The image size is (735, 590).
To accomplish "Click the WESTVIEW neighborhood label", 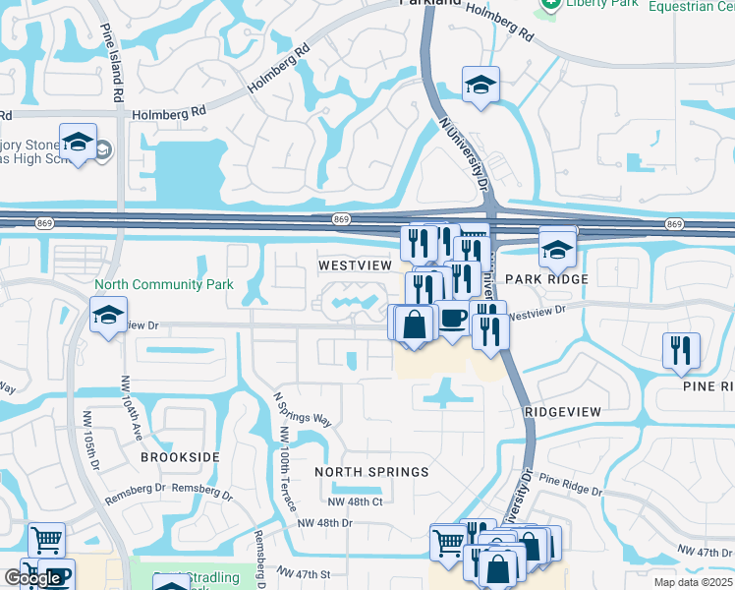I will coord(355,265).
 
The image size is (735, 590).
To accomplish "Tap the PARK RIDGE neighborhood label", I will coord(546,279).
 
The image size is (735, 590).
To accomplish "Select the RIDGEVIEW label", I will coord(562,411).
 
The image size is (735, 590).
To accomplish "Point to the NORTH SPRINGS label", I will coord(371,472).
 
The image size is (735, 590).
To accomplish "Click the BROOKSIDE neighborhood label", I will coord(180,458).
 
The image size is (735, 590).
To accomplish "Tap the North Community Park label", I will coord(164,285).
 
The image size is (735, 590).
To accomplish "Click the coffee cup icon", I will coord(452,320).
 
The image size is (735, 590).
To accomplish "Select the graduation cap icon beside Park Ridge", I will coord(557,248).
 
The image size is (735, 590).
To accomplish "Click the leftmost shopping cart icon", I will coord(47,540).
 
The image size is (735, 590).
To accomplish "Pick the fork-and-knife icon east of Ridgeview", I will coord(681,351).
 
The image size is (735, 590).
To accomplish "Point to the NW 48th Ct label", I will coord(355,501).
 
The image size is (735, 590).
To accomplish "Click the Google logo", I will coord(32,578).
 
